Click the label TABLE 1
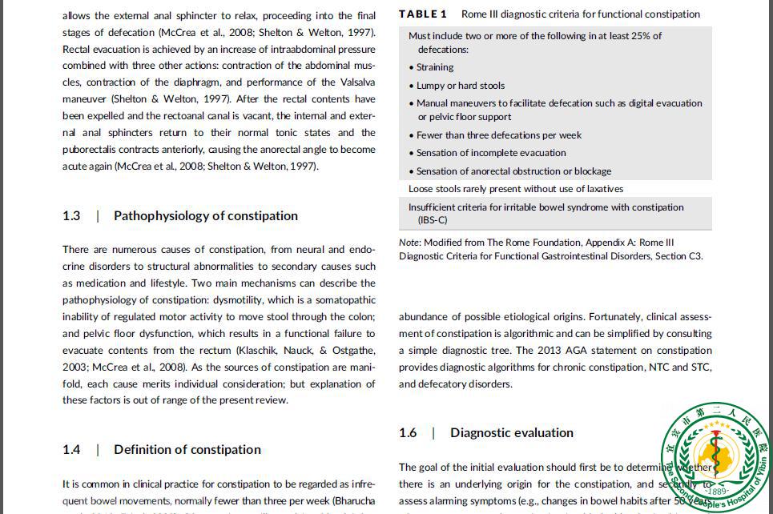pyautogui.click(x=423, y=14)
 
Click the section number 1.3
pyautogui.click(x=71, y=215)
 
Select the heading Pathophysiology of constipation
pyautogui.click(x=205, y=215)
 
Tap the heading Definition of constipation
pyautogui.click(x=187, y=449)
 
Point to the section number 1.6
pyautogui.click(x=408, y=432)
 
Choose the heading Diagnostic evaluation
pyautogui.click(x=511, y=432)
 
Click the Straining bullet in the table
pyautogui.click(x=434, y=67)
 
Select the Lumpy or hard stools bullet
pyautogui.click(x=460, y=86)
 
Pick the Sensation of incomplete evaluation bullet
pyautogui.click(x=491, y=153)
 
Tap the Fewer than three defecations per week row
pyautogui.click(x=498, y=135)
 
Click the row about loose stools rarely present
pyautogui.click(x=515, y=189)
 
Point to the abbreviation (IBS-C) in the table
pyautogui.click(x=433, y=220)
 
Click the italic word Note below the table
pyautogui.click(x=410, y=243)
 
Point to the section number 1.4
pyautogui.click(x=71, y=449)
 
